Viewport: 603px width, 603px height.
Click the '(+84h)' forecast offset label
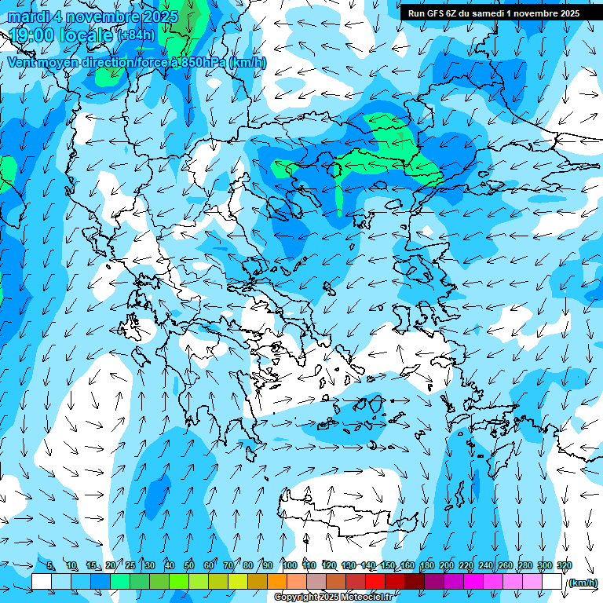click(136, 35)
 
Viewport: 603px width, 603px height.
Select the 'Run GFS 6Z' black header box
click(493, 13)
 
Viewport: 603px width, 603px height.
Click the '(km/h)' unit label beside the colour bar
click(582, 583)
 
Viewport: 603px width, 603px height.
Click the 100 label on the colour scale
click(290, 565)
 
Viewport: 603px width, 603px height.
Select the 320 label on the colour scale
click(564, 565)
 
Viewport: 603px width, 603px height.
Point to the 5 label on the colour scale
click(50, 565)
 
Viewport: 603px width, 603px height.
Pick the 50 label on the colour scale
click(189, 565)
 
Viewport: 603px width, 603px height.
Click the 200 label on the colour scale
click(447, 565)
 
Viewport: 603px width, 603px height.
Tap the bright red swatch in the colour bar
click(375, 582)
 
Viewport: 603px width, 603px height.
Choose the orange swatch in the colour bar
click(277, 582)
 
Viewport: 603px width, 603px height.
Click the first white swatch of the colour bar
click(42, 582)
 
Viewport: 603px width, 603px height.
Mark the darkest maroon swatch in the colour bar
click(415, 582)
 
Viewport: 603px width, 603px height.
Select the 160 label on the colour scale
click(407, 565)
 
